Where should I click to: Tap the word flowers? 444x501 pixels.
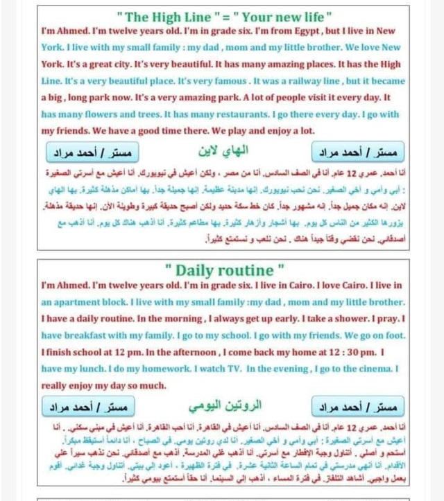pyautogui.click(x=89, y=114)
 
